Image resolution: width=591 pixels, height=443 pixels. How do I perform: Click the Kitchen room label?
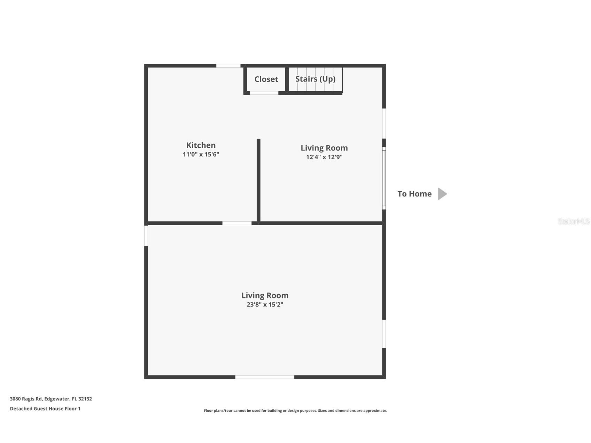(201, 145)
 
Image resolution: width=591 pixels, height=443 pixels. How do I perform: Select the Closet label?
(266, 79)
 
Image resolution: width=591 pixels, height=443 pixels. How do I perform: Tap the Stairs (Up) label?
(315, 79)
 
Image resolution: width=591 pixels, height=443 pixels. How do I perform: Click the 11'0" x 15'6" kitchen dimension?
(201, 154)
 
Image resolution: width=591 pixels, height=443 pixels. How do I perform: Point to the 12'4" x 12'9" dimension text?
(324, 157)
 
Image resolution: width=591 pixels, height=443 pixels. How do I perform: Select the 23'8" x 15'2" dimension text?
(265, 305)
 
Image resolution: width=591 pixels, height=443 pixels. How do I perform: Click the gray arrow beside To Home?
(442, 194)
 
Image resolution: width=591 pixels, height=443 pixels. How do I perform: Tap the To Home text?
(414, 194)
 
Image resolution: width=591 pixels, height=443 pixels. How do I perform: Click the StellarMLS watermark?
(573, 221)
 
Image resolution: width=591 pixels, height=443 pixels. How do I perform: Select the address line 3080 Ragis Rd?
(51, 399)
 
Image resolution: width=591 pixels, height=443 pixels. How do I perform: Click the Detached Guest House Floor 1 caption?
(45, 409)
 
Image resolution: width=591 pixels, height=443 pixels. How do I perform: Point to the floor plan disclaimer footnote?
(295, 411)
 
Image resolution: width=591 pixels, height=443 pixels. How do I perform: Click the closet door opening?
(264, 93)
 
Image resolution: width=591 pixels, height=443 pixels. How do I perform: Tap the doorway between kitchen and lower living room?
(237, 223)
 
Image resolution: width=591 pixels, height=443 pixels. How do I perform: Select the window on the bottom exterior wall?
(265, 377)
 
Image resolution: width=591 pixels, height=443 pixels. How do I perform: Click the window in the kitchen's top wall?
(228, 65)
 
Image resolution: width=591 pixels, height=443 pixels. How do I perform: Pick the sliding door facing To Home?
(384, 178)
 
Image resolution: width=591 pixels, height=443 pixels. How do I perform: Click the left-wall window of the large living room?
(146, 235)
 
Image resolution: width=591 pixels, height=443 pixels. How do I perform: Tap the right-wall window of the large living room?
(384, 334)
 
